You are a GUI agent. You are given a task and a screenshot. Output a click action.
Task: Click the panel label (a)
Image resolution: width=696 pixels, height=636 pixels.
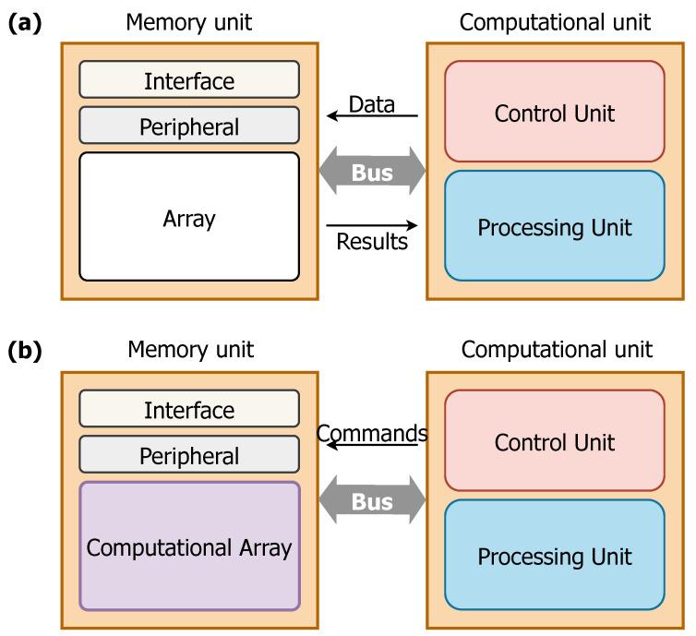(25, 23)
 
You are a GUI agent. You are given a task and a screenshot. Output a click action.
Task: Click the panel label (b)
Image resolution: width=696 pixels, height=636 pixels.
(25, 352)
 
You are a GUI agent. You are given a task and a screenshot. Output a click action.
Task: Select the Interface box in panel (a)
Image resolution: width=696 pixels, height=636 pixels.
(189, 80)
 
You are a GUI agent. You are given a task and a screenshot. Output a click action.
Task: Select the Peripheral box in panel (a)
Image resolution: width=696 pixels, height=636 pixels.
(189, 126)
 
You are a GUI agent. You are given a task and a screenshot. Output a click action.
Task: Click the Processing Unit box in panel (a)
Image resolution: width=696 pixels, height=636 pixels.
(554, 227)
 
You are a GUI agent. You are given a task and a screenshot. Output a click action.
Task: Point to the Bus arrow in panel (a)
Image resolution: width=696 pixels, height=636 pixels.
(372, 172)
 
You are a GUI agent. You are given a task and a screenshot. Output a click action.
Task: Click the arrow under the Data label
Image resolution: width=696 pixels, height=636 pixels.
(372, 117)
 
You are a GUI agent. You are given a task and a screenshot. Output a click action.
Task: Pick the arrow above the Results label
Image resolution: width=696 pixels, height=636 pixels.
(372, 224)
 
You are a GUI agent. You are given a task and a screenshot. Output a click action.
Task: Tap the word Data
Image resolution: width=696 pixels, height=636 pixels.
(372, 104)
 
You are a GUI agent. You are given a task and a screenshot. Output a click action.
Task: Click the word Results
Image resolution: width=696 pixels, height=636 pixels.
(372, 242)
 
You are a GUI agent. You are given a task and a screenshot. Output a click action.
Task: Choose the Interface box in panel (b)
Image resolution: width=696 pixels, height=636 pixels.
(189, 409)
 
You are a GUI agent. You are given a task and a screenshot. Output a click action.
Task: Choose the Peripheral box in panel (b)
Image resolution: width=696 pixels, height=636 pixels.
(189, 455)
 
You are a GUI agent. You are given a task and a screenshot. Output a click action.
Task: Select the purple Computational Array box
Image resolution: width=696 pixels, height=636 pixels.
(189, 546)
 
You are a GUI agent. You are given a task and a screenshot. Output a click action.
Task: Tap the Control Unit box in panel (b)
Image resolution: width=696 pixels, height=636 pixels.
(554, 441)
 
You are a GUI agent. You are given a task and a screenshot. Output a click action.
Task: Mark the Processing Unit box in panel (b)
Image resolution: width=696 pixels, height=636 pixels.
(554, 556)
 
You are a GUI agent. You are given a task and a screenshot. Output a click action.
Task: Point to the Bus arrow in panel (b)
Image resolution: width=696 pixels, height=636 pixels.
(372, 501)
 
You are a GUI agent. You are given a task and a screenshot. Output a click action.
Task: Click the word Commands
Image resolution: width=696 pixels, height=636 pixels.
(372, 433)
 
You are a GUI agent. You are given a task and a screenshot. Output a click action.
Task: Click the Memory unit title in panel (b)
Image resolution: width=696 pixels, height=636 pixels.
(189, 350)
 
